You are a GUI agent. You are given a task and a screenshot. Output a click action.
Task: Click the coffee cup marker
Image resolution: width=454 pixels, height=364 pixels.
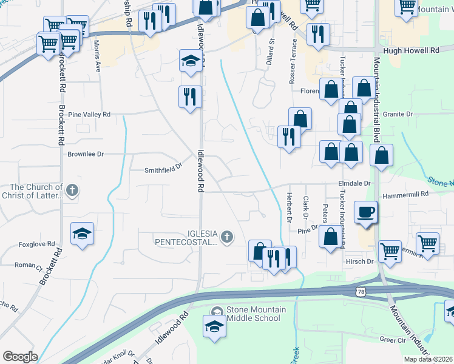pos(365,212)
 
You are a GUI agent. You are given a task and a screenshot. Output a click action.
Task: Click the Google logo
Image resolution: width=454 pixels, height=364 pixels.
pos(20,357)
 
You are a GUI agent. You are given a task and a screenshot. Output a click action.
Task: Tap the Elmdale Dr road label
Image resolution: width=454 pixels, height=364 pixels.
pos(354,183)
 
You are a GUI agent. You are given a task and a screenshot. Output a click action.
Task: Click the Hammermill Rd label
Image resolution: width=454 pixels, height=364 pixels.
pos(406,194)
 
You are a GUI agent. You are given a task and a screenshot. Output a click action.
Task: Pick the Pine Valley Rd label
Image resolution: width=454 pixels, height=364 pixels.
pos(89,114)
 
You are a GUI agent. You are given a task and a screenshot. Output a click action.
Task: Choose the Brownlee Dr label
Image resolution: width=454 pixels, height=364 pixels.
pos(87,154)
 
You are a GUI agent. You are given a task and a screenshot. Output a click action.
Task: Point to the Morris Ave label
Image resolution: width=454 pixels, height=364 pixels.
pos(97,54)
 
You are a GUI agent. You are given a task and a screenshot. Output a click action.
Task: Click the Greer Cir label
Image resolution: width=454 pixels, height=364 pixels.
pos(392,340)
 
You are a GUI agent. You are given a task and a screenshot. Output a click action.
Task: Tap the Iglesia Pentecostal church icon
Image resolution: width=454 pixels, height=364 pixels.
pos(227,237)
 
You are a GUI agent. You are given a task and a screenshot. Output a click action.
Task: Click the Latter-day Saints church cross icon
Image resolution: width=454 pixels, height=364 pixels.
pos(72,190)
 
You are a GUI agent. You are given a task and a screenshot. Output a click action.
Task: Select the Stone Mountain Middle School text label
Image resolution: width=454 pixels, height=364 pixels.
pos(256,314)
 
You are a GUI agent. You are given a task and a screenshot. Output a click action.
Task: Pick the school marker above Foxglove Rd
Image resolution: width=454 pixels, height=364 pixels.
pos(82,234)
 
